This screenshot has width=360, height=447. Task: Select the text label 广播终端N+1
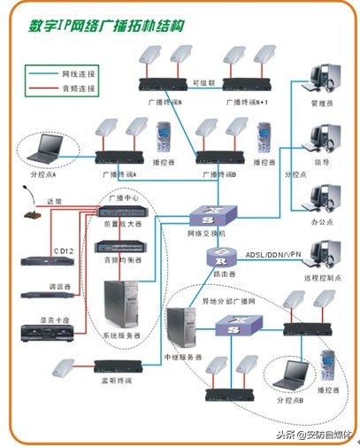click(x=249, y=103)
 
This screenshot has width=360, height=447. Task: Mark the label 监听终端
click(x=116, y=381)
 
